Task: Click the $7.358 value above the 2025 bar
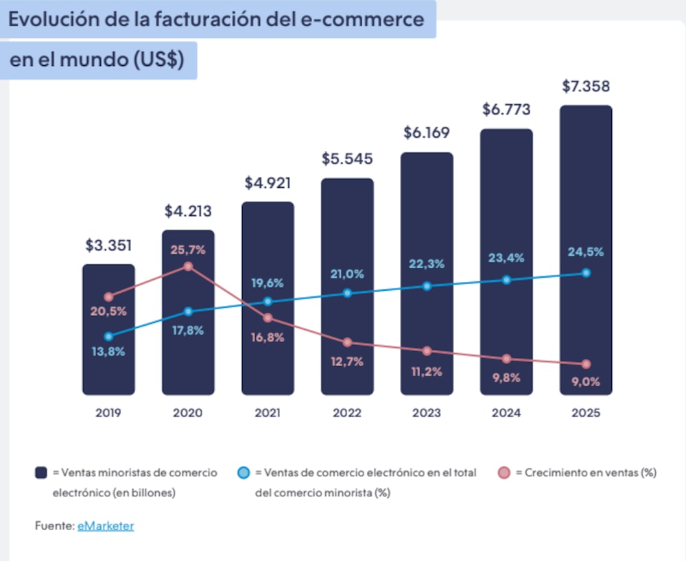point(586,87)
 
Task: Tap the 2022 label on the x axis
point(347,413)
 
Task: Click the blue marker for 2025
point(586,273)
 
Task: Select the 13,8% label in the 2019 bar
point(108,352)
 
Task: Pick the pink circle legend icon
point(504,473)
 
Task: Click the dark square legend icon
point(41,473)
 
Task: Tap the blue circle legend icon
point(244,473)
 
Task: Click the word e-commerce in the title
point(363,19)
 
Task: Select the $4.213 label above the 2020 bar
point(187,211)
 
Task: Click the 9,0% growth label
point(584,381)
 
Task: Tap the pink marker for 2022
point(347,342)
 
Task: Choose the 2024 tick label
point(506,413)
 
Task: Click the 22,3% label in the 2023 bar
point(427,264)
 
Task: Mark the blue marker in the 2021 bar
point(268,301)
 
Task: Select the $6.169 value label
point(426,134)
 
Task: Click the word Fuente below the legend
point(54,526)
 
